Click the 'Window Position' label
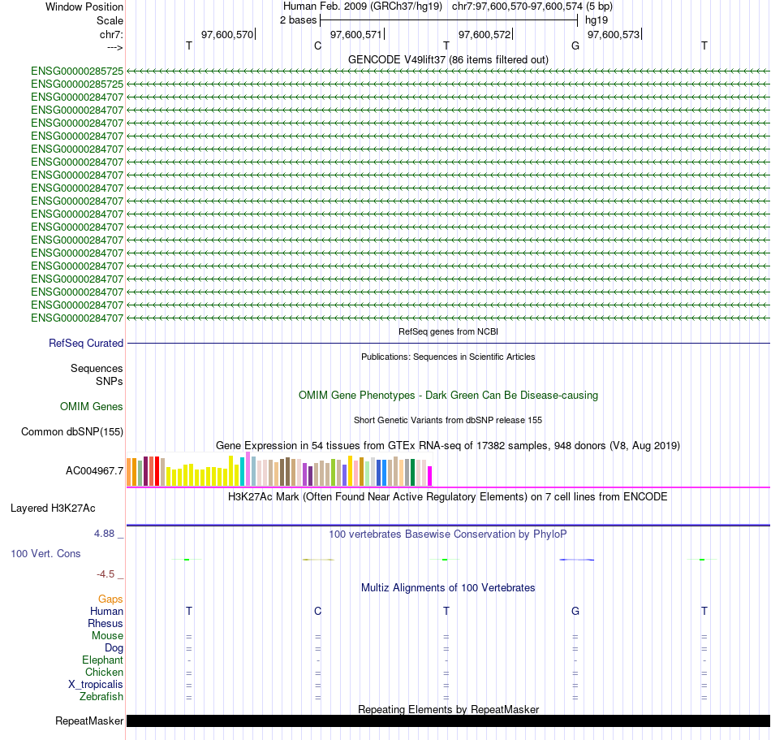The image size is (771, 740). (x=84, y=6)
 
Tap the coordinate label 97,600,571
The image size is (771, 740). (x=355, y=35)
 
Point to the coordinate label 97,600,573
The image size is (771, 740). (x=613, y=35)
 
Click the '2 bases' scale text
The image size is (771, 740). (x=298, y=19)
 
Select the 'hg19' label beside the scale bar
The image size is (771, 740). (x=597, y=19)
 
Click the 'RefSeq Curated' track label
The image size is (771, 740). (x=86, y=344)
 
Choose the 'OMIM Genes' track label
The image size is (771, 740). (x=92, y=406)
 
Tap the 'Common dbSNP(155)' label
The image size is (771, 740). (x=72, y=432)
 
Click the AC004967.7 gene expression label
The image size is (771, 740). (x=95, y=470)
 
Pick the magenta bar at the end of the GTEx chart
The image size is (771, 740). (x=430, y=475)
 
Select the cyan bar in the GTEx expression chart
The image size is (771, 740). (x=243, y=472)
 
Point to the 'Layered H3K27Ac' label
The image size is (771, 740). (x=53, y=508)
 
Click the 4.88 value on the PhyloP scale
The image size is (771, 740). (x=106, y=534)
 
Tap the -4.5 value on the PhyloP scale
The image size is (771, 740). (x=108, y=574)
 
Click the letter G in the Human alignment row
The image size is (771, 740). (x=575, y=611)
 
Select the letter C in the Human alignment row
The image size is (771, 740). (x=317, y=611)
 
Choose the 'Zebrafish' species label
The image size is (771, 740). (x=101, y=697)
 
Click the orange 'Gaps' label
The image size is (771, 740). (x=110, y=599)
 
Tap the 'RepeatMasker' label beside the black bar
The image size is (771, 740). (x=89, y=721)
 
